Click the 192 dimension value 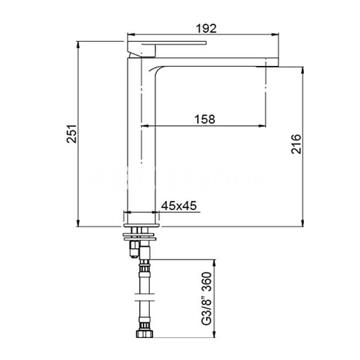(207, 29)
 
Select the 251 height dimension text (72, 133)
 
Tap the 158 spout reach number (204, 119)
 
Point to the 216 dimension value (296, 144)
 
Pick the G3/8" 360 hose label (207, 298)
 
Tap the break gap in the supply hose (143, 297)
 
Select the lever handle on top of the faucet (167, 48)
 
